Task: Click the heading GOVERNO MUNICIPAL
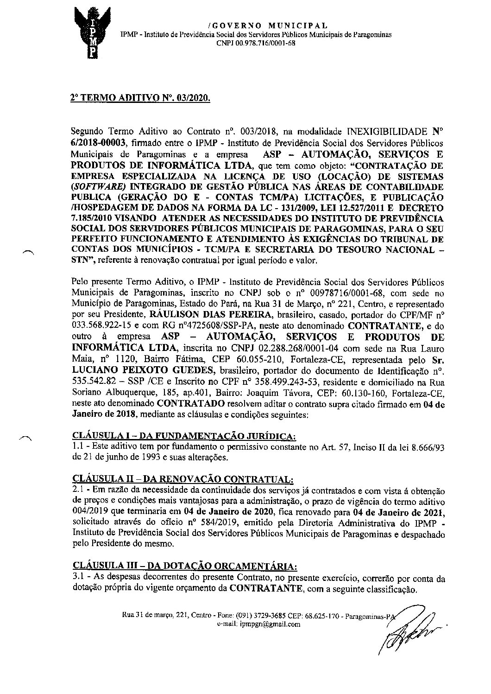268,25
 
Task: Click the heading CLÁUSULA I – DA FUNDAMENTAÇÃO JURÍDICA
184,436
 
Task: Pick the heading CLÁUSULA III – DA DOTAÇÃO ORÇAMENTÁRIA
184,566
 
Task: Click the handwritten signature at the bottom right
410,630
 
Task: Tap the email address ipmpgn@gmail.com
270,624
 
